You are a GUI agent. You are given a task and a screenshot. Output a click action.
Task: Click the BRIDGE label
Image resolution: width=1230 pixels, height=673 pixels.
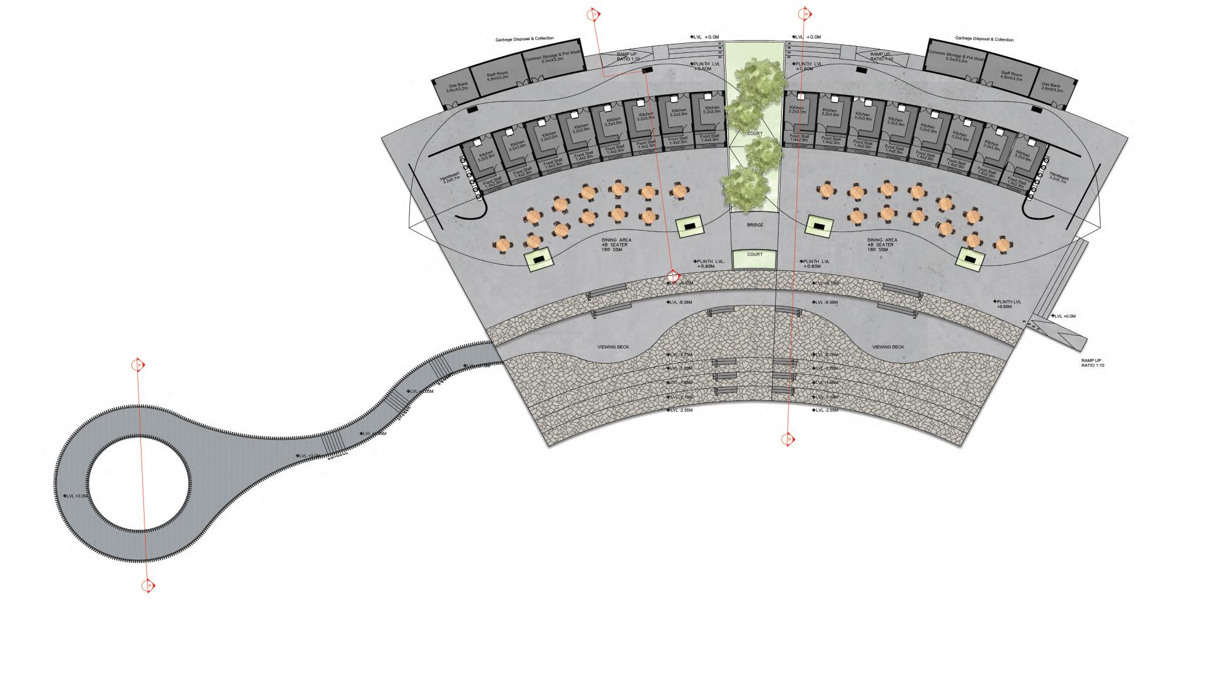pyautogui.click(x=754, y=225)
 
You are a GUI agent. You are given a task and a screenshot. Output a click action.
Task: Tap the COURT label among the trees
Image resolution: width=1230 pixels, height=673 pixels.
pyautogui.click(x=754, y=134)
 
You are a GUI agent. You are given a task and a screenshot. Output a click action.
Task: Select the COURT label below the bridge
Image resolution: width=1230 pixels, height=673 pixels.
pyautogui.click(x=754, y=255)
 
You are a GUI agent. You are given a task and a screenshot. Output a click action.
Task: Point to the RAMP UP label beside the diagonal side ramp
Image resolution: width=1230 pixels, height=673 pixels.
pyautogui.click(x=1091, y=363)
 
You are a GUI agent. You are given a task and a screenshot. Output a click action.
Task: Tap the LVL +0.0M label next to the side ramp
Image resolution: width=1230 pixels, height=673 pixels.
pyautogui.click(x=1064, y=316)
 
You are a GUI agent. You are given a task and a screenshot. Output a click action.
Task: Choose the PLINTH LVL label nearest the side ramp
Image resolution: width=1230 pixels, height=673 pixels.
pyautogui.click(x=1008, y=304)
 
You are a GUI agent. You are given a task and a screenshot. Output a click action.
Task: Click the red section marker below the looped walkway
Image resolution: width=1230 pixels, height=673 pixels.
pyautogui.click(x=148, y=586)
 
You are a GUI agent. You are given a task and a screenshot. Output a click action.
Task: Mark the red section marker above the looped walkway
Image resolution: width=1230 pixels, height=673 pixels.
pyautogui.click(x=138, y=364)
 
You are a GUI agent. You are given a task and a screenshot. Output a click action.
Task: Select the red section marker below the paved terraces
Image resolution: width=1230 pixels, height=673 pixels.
pyautogui.click(x=788, y=439)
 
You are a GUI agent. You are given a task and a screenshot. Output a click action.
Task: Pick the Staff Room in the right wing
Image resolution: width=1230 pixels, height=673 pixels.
pyautogui.click(x=1011, y=76)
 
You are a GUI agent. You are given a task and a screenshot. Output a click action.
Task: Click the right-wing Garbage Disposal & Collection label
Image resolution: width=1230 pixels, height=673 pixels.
pyautogui.click(x=984, y=39)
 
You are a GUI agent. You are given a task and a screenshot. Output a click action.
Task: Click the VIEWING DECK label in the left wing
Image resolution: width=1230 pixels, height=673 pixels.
pyautogui.click(x=613, y=347)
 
